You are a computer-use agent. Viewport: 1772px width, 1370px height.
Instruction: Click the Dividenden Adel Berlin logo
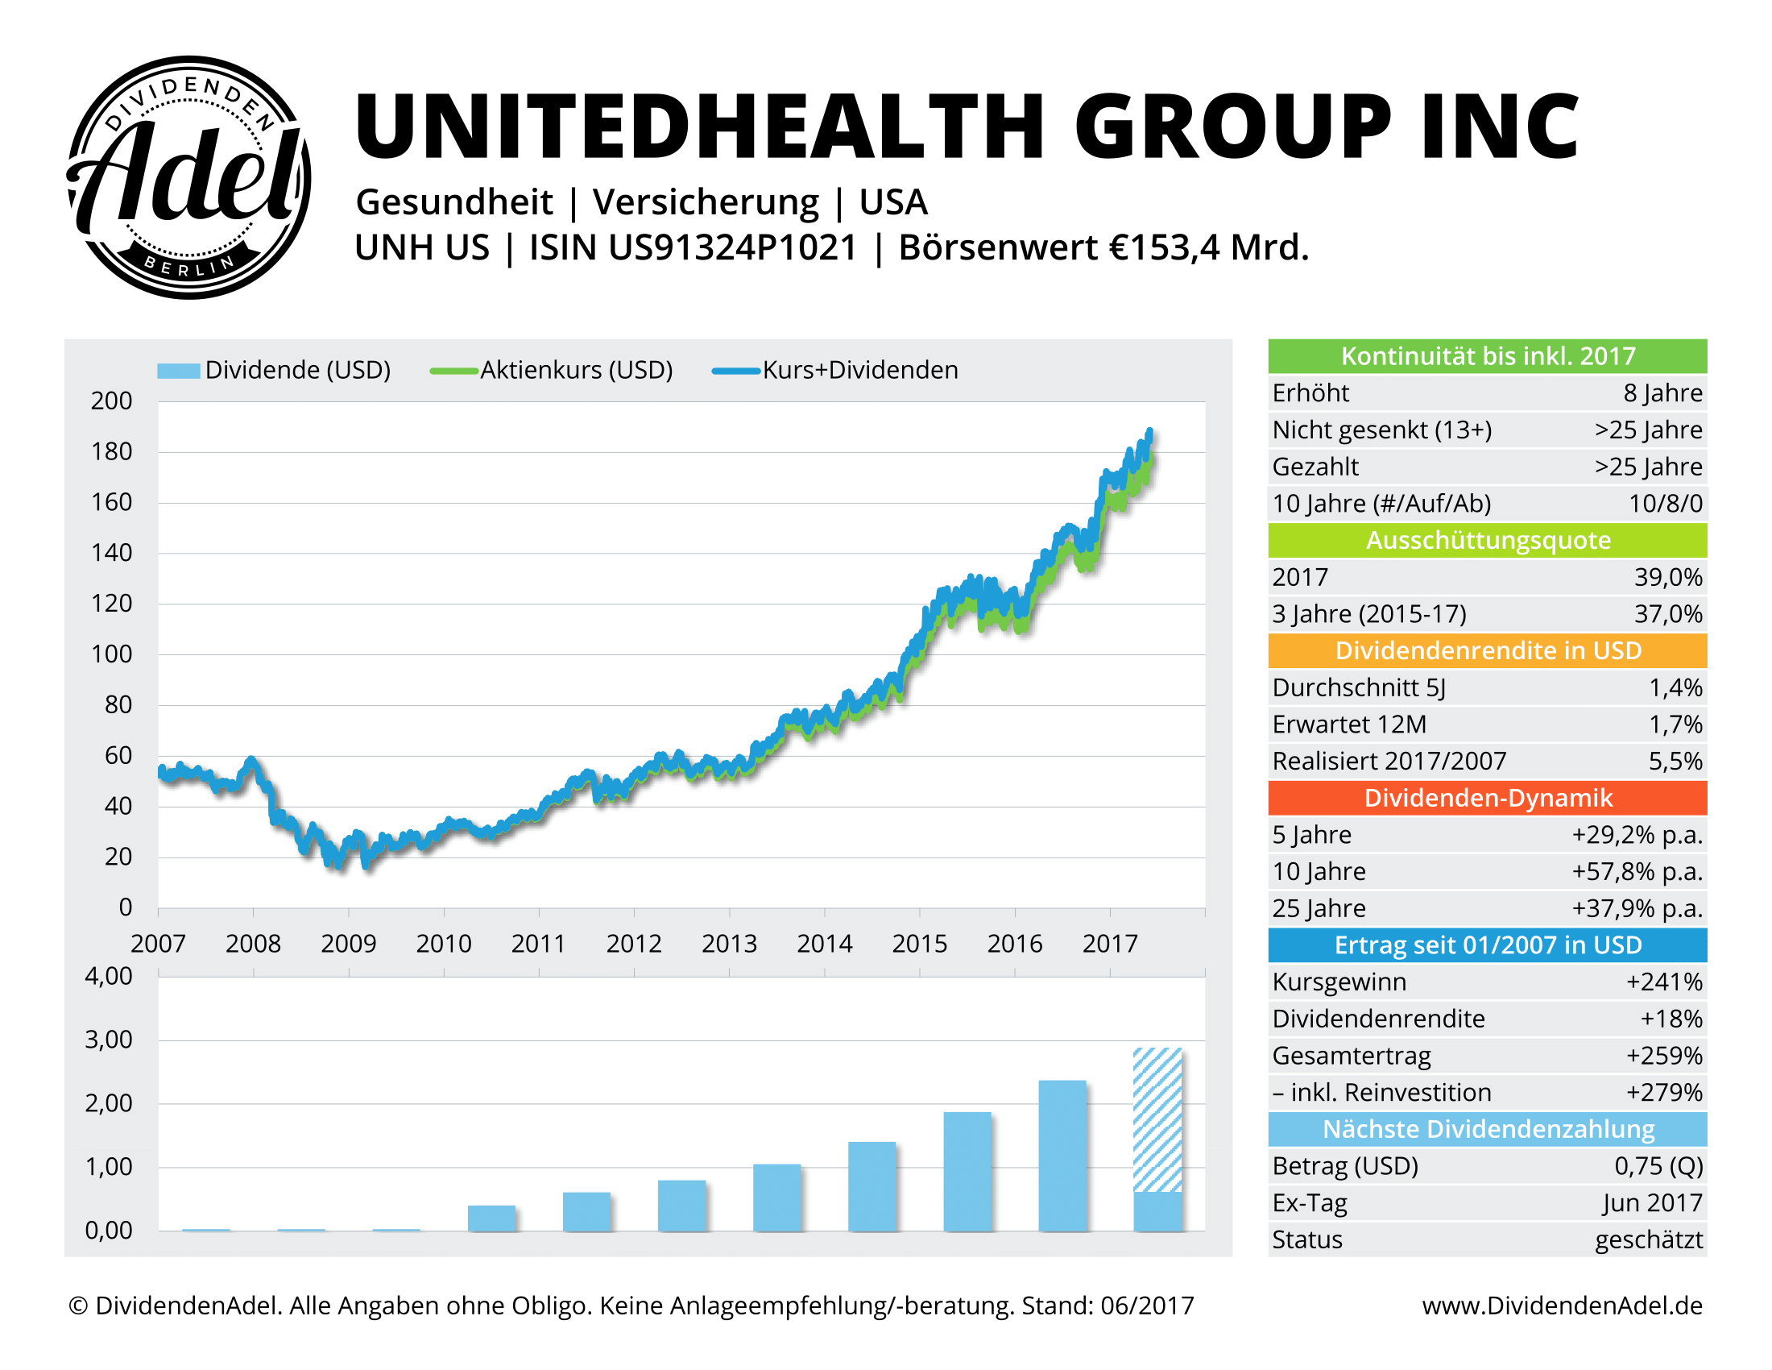(x=188, y=177)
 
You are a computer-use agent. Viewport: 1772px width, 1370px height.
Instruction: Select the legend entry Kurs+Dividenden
(x=859, y=370)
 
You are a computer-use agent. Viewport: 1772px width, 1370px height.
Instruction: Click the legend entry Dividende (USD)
(x=297, y=370)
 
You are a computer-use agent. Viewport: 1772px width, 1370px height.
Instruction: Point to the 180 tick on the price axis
(x=111, y=452)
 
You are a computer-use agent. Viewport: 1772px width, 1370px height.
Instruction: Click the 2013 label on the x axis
(x=729, y=944)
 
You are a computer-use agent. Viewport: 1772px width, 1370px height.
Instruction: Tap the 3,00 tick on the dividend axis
(x=109, y=1040)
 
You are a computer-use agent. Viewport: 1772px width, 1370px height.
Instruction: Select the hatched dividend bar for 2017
(x=1157, y=1120)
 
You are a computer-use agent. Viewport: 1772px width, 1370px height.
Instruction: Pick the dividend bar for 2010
(x=491, y=1218)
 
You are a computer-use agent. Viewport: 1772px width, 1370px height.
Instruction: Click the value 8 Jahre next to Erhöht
(x=1662, y=392)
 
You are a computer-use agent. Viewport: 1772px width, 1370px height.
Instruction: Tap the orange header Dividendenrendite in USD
(x=1487, y=651)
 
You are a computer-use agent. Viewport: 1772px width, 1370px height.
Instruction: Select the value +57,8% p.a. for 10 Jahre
(x=1637, y=872)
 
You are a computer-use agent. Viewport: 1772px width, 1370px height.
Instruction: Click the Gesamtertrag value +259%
(x=1663, y=1056)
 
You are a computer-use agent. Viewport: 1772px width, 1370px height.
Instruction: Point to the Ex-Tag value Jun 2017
(x=1652, y=1203)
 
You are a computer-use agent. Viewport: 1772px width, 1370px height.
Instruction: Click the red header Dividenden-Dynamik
(x=1487, y=798)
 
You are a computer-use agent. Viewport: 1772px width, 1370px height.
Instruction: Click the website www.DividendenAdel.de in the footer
(x=1562, y=1306)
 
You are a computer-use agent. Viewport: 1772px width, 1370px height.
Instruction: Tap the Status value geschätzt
(x=1648, y=1240)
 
